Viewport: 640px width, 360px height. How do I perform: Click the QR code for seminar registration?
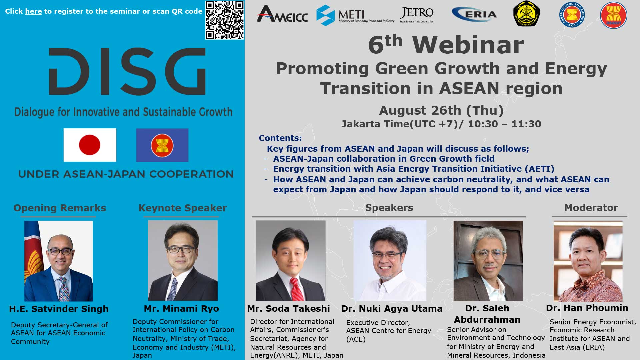point(225,20)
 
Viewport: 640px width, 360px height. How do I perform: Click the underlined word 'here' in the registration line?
point(33,11)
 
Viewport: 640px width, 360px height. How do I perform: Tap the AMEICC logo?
point(282,14)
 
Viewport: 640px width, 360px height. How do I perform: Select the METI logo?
point(355,15)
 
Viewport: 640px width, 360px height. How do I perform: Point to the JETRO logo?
point(417,15)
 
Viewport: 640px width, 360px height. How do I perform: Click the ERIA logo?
point(474,14)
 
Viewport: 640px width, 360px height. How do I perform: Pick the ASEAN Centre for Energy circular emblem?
point(572,15)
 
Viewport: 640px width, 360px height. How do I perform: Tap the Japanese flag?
point(90,145)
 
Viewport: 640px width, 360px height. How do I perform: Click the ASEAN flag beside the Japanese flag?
point(162,145)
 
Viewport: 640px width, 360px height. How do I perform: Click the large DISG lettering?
point(127,71)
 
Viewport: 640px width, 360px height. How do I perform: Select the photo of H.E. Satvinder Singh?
point(58,261)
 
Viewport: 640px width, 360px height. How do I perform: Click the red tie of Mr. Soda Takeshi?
point(297,289)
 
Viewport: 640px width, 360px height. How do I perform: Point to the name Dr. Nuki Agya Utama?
point(392,309)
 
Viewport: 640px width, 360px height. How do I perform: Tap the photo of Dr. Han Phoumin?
point(588,261)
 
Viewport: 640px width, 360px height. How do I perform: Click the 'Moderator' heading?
point(591,208)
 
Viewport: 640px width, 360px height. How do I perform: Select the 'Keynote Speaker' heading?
point(183,208)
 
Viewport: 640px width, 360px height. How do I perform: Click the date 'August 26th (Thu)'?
point(441,110)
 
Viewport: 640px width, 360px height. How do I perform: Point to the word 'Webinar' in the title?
point(468,45)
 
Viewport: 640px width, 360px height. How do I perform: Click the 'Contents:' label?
point(280,138)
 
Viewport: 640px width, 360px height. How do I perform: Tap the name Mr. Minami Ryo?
point(181,309)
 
